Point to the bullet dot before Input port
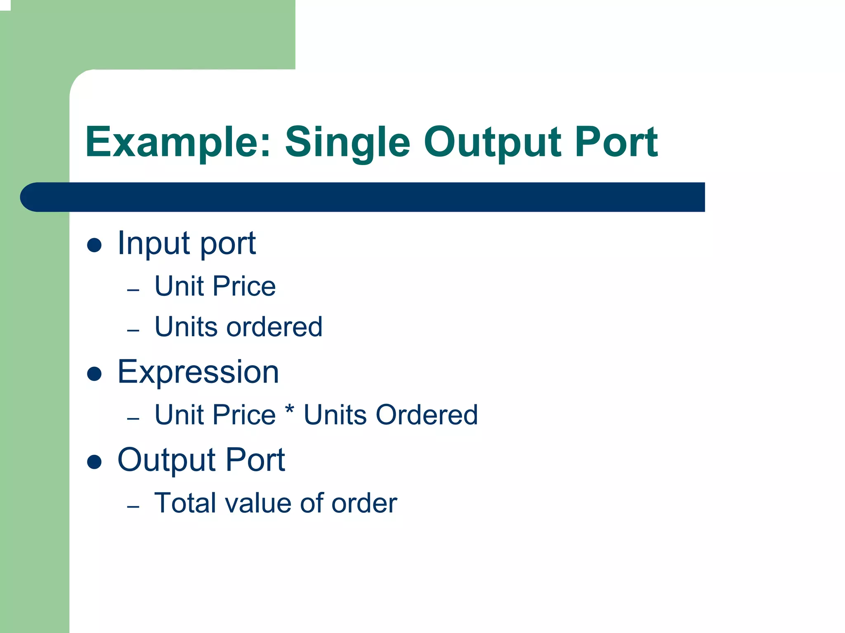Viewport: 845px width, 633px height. pos(94,245)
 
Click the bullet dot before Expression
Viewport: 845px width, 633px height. pos(94,374)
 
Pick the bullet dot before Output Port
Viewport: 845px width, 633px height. pos(94,462)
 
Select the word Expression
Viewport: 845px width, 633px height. pos(198,372)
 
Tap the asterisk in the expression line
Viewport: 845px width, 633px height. pos(290,411)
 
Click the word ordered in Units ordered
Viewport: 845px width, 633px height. pos(274,327)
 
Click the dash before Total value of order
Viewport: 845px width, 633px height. pos(133,507)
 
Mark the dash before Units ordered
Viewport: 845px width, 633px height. pos(133,331)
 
